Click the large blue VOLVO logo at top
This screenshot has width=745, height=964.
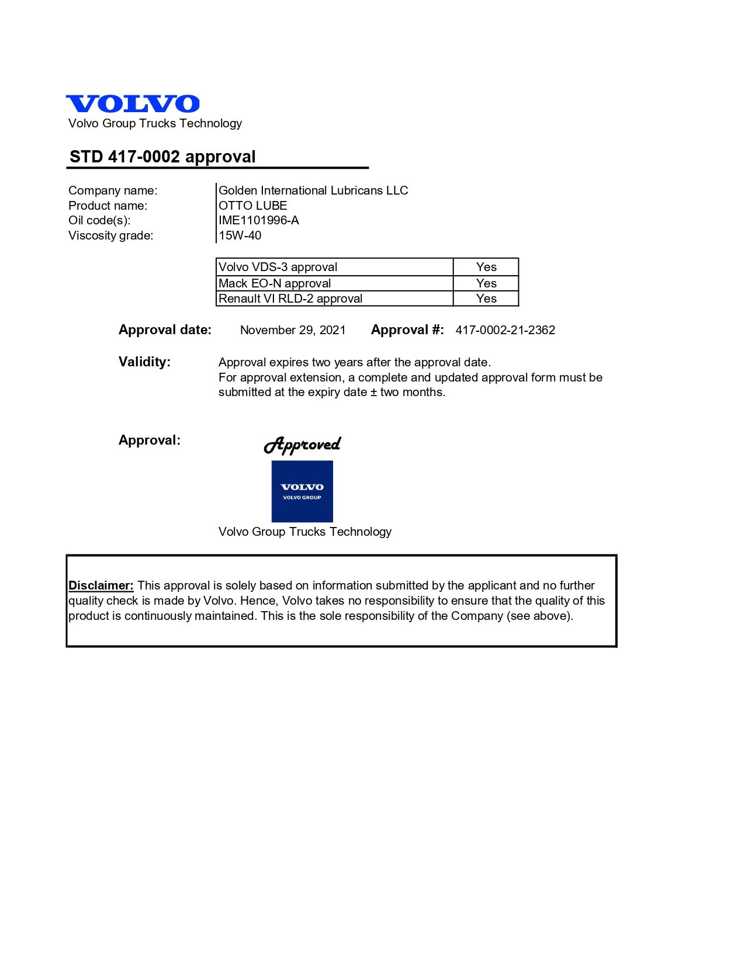pyautogui.click(x=133, y=103)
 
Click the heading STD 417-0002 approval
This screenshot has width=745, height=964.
pyautogui.click(x=162, y=157)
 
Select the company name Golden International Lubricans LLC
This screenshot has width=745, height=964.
pyautogui.click(x=313, y=190)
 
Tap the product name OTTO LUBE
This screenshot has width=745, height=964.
pyautogui.click(x=252, y=206)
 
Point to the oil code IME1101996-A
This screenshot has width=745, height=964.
pyautogui.click(x=258, y=220)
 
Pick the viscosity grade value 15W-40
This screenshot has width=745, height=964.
pyautogui.click(x=240, y=235)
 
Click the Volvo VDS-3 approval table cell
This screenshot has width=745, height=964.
pyautogui.click(x=334, y=267)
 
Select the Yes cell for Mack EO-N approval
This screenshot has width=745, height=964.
pyautogui.click(x=486, y=283)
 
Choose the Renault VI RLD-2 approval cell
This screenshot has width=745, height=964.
pyautogui.click(x=334, y=299)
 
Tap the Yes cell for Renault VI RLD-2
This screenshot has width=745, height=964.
pyautogui.click(x=486, y=299)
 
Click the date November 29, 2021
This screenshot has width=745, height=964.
pyautogui.click(x=293, y=330)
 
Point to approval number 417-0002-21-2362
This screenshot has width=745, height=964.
pyautogui.click(x=505, y=330)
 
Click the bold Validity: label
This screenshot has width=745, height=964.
pyautogui.click(x=144, y=362)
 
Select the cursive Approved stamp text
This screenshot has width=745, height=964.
pyautogui.click(x=302, y=445)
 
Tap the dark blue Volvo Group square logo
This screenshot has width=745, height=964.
pyautogui.click(x=302, y=491)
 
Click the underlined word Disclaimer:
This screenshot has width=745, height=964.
pyautogui.click(x=101, y=585)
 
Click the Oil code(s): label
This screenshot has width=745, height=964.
pyautogui.click(x=99, y=220)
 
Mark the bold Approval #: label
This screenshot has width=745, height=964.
pyautogui.click(x=407, y=330)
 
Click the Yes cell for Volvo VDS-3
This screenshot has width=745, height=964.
pyautogui.click(x=486, y=267)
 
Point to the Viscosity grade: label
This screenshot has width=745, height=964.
pyautogui.click(x=110, y=235)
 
